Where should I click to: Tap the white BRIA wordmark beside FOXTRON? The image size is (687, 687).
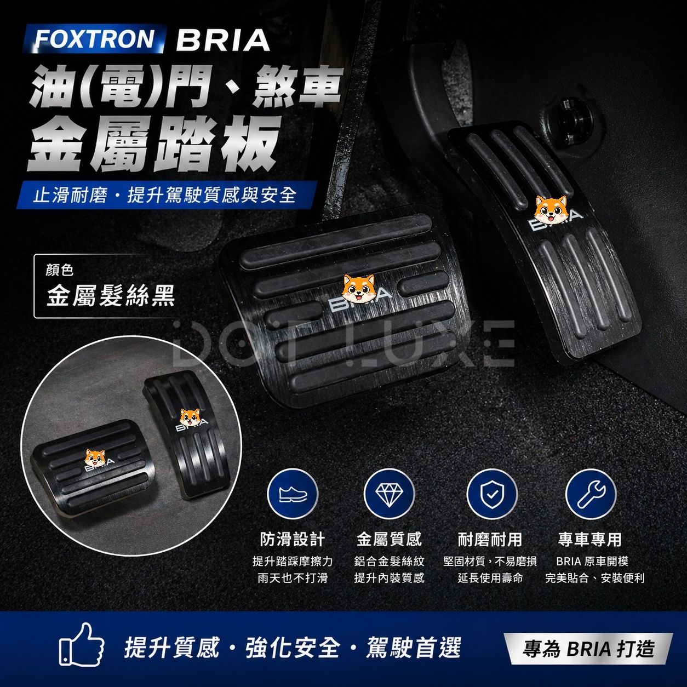223,41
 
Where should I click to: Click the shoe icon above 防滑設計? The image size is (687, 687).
293,494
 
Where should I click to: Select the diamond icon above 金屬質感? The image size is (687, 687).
389,494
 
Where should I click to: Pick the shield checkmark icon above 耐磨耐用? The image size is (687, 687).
491,494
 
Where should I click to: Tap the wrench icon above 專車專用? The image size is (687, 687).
591,494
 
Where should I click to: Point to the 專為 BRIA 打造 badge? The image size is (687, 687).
588,649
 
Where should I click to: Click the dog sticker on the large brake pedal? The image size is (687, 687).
358,288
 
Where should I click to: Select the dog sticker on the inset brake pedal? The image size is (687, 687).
95,458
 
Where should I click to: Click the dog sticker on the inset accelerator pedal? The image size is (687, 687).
189,417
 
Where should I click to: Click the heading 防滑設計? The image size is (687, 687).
293,540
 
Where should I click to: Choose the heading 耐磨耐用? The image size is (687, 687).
490,540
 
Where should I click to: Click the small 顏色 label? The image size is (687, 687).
59,270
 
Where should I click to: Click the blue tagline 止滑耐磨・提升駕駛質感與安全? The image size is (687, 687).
164,196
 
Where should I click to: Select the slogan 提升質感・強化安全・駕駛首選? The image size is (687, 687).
293,646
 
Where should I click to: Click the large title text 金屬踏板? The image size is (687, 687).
153,146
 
